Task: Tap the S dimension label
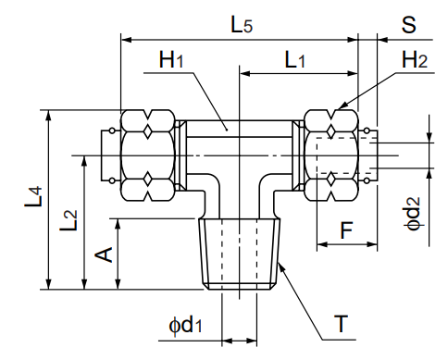(x=408, y=25)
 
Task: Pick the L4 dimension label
(x=32, y=198)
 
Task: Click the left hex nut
(x=147, y=155)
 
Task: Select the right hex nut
(x=331, y=155)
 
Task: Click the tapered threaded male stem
(x=240, y=254)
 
